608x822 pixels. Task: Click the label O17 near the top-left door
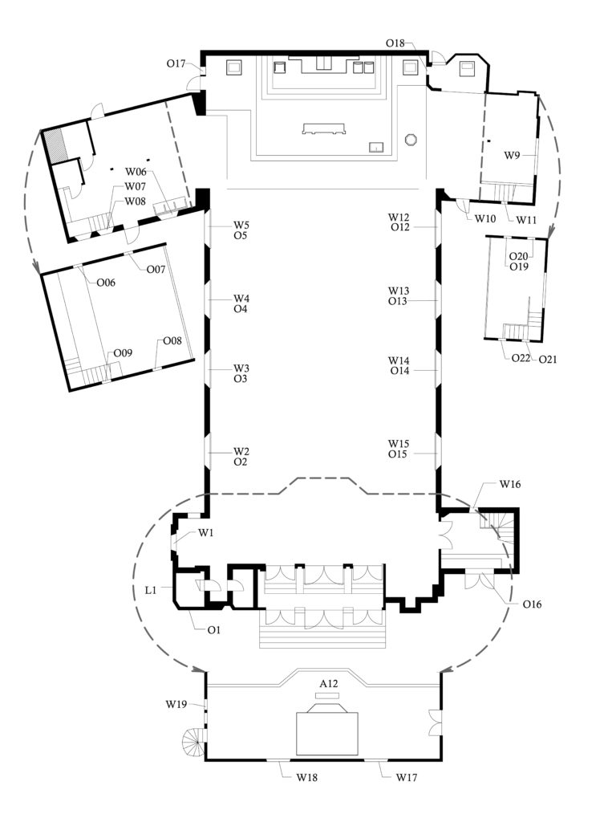click(x=176, y=63)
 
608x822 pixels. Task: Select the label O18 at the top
click(x=395, y=42)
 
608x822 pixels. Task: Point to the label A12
click(x=329, y=683)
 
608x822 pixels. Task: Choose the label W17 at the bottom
click(x=406, y=777)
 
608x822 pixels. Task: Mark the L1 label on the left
click(x=151, y=590)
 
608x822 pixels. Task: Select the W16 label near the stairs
click(x=511, y=484)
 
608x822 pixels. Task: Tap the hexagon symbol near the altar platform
click(x=411, y=139)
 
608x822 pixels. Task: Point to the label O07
click(x=156, y=269)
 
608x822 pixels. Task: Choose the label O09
click(x=123, y=352)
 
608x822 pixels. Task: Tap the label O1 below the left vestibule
click(x=214, y=630)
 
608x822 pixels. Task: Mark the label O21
click(x=548, y=359)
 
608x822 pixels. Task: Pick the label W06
click(x=135, y=171)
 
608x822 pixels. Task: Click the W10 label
click(x=485, y=218)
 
